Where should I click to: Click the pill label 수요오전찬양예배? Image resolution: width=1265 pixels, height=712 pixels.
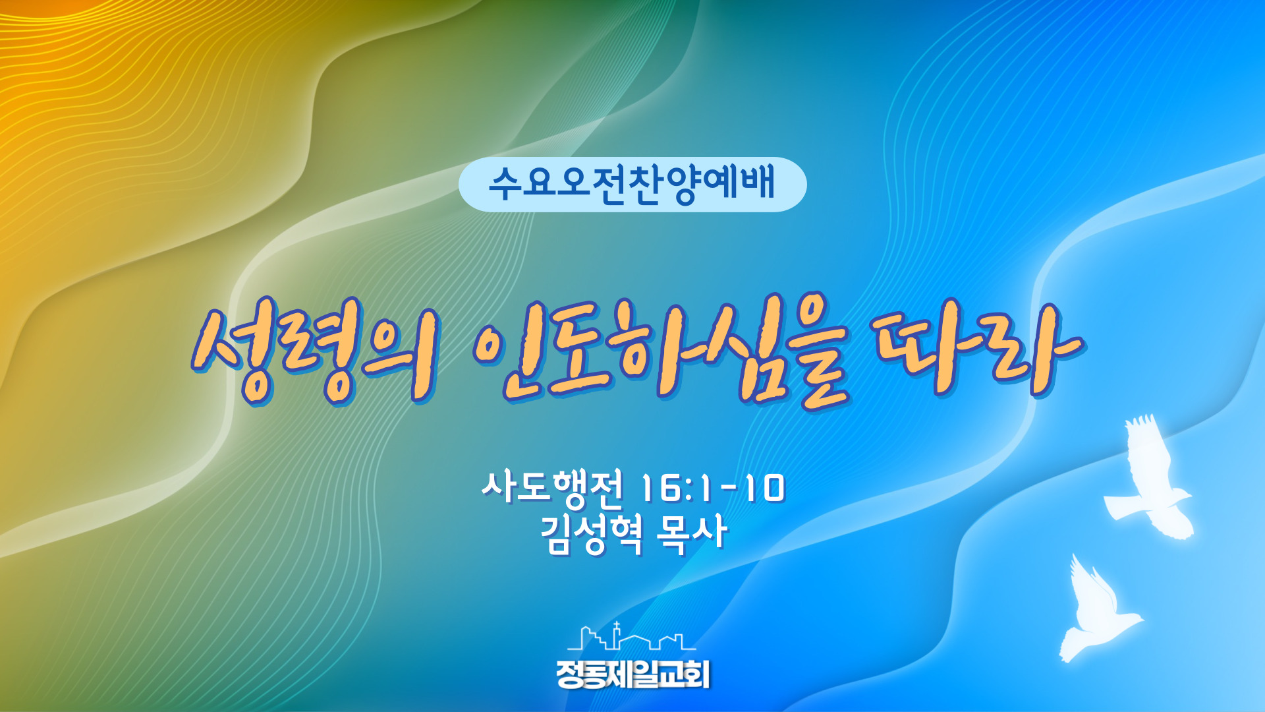tap(632, 184)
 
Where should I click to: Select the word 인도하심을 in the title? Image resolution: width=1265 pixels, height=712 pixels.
tap(662, 351)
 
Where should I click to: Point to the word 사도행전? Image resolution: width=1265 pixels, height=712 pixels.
tap(552, 489)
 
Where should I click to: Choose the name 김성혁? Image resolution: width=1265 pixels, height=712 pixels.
tap(591, 534)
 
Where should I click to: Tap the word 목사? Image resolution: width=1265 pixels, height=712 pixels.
tap(692, 533)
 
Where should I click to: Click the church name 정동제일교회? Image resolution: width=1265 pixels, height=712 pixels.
tap(632, 674)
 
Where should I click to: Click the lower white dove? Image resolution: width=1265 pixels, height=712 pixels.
tap(1097, 610)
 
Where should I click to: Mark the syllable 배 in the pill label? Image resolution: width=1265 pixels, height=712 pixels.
tap(758, 182)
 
